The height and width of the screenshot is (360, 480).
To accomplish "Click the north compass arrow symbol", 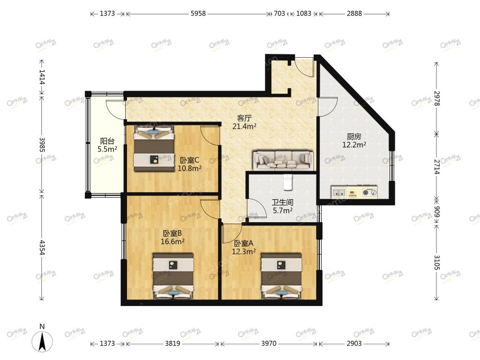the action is click(x=42, y=341).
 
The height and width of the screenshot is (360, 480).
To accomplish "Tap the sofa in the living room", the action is click(x=284, y=160).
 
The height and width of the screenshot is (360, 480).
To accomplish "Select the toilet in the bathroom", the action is click(x=287, y=182).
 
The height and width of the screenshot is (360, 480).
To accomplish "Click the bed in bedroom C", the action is click(x=154, y=148).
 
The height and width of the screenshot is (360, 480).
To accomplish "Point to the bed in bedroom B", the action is click(x=173, y=276).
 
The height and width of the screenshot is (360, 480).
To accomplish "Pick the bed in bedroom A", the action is click(x=281, y=276).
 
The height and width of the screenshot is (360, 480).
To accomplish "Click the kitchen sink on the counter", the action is click(x=338, y=193).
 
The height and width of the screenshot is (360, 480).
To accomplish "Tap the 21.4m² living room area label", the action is click(x=244, y=126).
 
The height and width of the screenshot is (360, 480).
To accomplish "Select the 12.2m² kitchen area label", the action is click(x=354, y=145).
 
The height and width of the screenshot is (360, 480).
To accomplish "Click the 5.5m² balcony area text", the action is click(x=107, y=149).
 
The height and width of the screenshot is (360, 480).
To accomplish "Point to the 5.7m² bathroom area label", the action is click(x=283, y=210).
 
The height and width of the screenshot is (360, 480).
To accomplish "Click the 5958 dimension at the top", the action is click(x=198, y=14).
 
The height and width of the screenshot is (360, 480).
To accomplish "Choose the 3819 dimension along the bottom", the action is click(x=172, y=344).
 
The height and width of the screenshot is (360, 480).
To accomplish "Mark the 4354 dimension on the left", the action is click(x=42, y=247).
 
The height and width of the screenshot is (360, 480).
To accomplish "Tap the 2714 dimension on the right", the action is click(x=437, y=167).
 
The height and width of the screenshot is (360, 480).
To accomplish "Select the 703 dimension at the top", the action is click(x=279, y=14).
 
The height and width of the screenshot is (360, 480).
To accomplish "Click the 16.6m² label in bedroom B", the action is click(x=172, y=241).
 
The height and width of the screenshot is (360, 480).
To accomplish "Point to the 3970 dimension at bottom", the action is click(x=269, y=344).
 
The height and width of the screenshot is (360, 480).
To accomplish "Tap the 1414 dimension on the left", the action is click(x=42, y=77).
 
